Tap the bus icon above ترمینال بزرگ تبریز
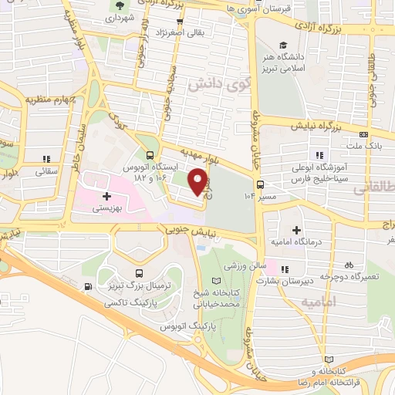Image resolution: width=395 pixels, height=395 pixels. (138, 273)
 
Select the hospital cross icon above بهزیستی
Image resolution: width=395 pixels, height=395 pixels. (106, 197)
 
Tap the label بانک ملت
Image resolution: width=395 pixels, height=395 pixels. (365, 146)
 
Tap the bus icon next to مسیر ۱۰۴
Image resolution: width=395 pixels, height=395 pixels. (261, 184)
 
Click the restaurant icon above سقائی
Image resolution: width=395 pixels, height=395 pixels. (46, 160)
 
